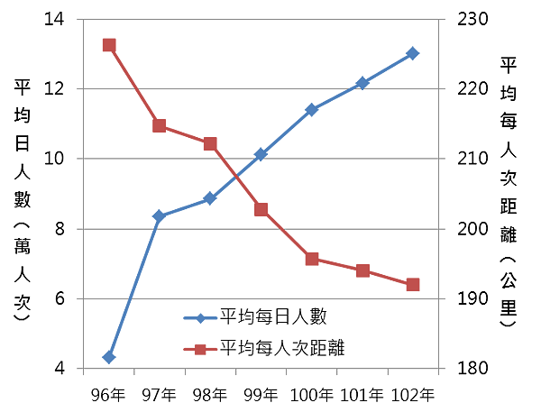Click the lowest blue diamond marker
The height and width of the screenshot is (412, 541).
click(109, 357)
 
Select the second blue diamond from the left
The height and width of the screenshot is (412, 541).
click(160, 215)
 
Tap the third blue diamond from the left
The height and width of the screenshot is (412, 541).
click(209, 197)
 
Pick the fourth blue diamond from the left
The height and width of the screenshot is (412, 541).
click(261, 154)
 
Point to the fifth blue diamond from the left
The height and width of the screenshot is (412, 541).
click(311, 109)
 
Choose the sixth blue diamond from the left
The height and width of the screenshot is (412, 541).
click(362, 82)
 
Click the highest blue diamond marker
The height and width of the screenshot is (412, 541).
click(412, 53)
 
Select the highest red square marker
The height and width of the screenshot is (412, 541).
click(109, 45)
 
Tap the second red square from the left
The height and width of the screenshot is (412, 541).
click(160, 125)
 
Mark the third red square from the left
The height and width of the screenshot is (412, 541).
click(209, 142)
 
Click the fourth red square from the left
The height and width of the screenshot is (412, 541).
click(261, 209)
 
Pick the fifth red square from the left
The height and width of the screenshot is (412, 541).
click(311, 259)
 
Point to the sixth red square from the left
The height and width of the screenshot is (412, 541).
click(362, 270)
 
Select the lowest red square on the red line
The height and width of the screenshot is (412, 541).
click(412, 285)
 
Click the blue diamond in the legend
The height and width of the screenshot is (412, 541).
click(200, 318)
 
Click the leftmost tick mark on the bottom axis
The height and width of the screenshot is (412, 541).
click(83, 373)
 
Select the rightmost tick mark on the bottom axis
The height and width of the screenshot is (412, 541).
click(439, 373)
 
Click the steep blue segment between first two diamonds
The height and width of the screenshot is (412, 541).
click(134, 287)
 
